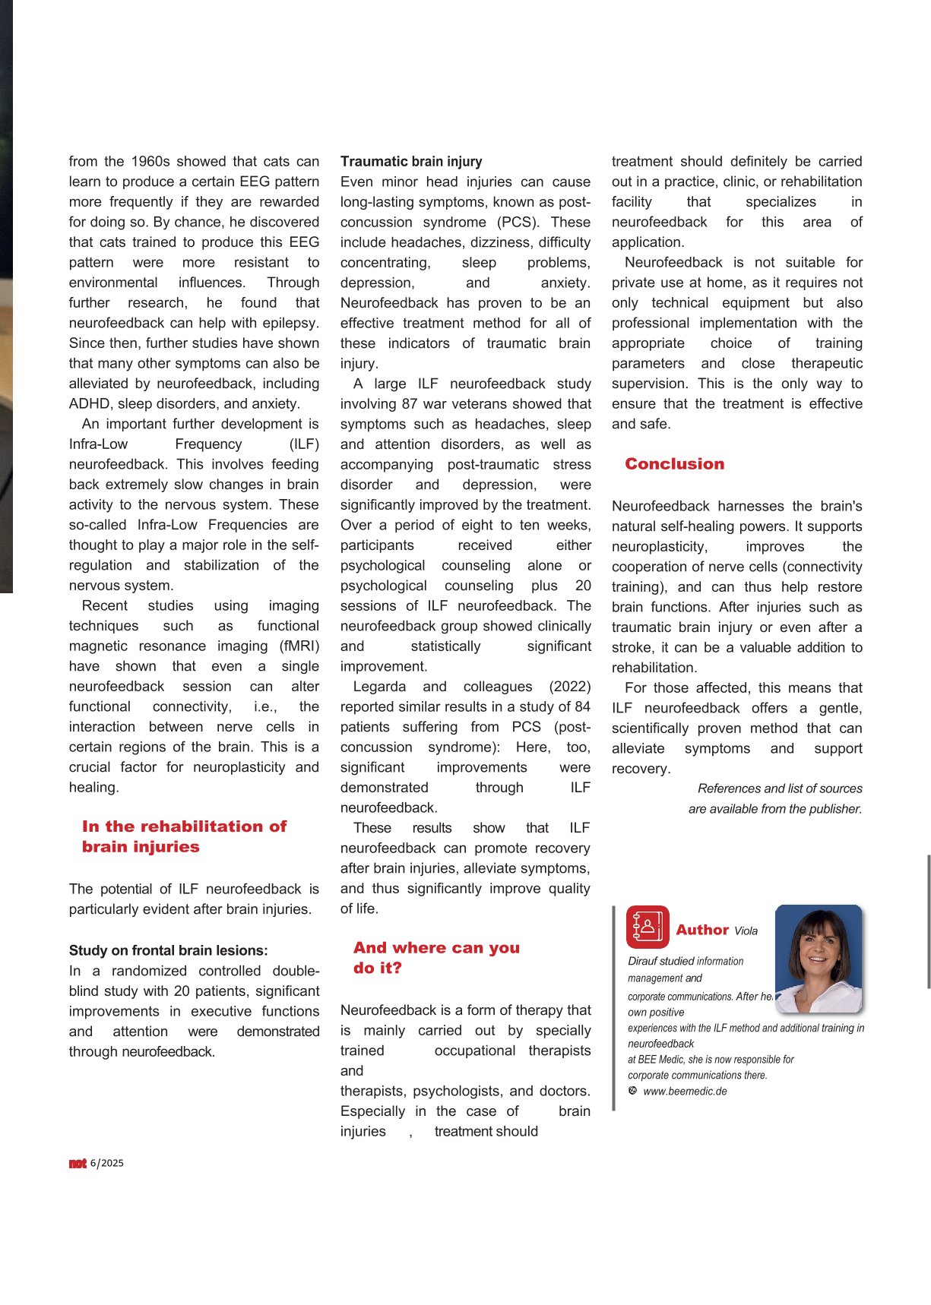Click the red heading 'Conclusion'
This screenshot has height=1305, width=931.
pos(674,464)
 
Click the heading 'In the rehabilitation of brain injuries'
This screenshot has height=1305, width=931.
pos(184,836)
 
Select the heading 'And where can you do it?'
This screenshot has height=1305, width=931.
pos(436,958)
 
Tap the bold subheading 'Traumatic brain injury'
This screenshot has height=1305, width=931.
pos(411,162)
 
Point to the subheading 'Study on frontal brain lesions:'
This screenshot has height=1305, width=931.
pos(168,950)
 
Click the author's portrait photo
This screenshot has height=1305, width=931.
pos(819,958)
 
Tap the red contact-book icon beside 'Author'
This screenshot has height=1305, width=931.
pos(648,927)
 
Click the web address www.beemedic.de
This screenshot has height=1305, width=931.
pos(684,1092)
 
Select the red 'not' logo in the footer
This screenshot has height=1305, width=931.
pos(78,1164)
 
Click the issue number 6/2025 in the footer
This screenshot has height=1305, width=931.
pos(107,1164)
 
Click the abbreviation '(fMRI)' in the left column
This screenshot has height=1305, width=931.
pos(299,646)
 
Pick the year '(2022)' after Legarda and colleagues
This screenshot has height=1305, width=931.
pos(569,687)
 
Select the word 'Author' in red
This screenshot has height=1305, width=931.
pos(702,930)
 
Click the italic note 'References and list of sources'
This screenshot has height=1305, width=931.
pos(780,788)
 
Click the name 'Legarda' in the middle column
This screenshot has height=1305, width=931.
pos(380,687)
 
